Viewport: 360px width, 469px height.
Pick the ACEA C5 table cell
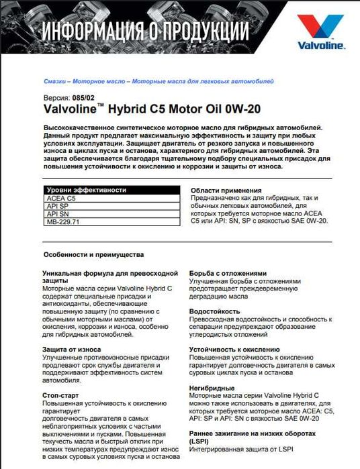pyautogui.click(x=60, y=199)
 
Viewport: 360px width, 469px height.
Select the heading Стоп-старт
pyautogui.click(x=61, y=396)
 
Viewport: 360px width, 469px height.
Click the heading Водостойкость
pyautogui.click(x=215, y=311)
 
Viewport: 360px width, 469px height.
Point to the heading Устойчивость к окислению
pyautogui.click(x=234, y=350)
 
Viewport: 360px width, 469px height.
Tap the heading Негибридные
pyautogui.click(x=212, y=388)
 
